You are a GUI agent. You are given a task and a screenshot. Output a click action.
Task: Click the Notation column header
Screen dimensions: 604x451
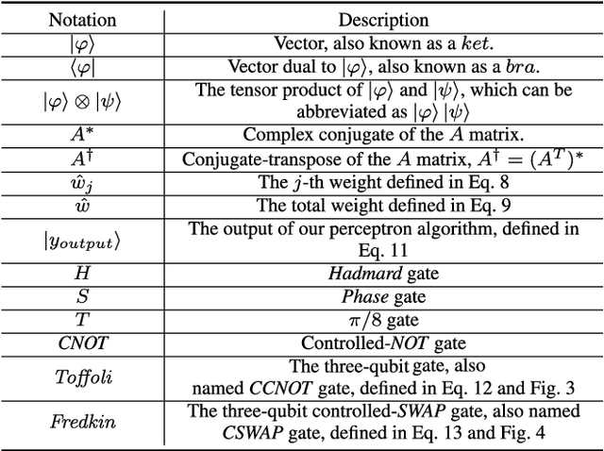tap(83, 19)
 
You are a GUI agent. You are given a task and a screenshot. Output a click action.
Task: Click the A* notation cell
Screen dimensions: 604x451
tap(83, 135)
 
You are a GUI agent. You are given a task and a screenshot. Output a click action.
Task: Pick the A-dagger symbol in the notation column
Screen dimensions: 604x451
tap(83, 159)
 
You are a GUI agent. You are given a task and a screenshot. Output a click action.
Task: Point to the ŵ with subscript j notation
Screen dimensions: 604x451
tap(83, 183)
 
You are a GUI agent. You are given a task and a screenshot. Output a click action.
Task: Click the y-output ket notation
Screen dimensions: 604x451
tap(83, 241)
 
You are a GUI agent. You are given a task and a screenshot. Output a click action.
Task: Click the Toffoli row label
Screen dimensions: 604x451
tap(83, 377)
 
